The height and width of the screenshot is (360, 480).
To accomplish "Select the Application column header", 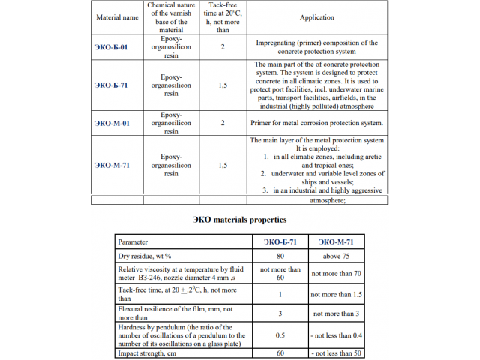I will pos(316,17).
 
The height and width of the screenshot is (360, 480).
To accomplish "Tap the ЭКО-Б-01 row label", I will pos(112,47).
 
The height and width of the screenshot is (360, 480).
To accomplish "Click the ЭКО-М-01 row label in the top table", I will pos(112,123).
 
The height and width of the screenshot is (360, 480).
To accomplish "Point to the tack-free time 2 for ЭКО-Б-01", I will pos(223,47).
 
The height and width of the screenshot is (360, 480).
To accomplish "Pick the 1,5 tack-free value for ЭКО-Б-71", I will pos(223,85).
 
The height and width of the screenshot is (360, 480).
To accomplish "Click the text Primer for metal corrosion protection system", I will pos(318,123).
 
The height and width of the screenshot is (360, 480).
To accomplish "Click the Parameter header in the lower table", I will pos(133,242).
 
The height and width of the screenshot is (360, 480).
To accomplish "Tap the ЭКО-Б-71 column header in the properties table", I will pos(280,242).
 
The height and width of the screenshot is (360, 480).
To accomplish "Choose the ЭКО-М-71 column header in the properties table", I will pos(336,242).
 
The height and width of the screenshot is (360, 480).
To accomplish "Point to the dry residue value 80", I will pos(280,256).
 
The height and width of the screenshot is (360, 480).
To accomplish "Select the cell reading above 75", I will pos(336,256).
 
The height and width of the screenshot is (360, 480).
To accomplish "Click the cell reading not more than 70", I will pos(336,274).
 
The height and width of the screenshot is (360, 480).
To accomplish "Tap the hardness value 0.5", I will pos(280,334).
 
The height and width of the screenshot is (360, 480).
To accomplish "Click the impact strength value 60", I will pos(280,352).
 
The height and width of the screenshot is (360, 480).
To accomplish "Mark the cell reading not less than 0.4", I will pos(336,334).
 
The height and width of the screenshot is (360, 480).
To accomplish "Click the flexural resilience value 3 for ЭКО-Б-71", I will pos(280,313).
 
